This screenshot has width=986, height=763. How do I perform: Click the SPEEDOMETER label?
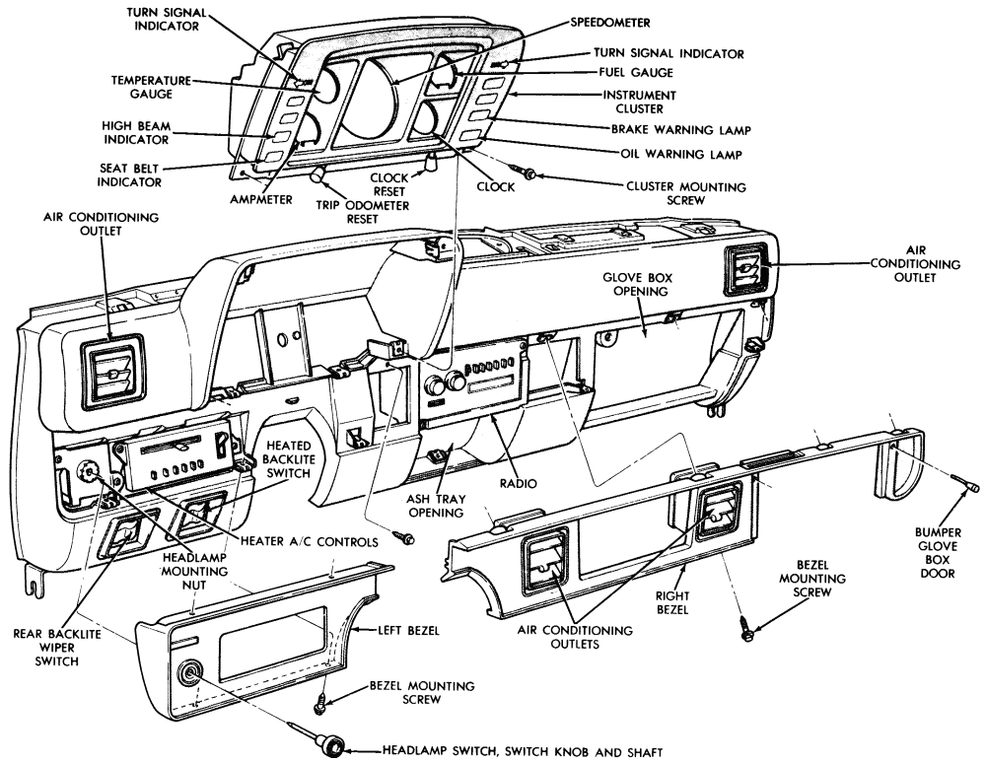610,23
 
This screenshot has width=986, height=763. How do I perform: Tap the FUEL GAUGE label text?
636,73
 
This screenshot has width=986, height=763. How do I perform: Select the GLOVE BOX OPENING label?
637,284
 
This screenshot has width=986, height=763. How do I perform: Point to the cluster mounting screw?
524,171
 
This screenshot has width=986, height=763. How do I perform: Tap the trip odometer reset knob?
318,174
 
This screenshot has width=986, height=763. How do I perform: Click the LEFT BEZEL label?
408,630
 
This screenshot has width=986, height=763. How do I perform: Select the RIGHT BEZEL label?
672,602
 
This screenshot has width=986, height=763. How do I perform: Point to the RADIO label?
519,483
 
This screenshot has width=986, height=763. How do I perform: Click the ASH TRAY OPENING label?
436,506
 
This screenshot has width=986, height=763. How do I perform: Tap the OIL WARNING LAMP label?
681,154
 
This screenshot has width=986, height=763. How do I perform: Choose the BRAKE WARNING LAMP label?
681,130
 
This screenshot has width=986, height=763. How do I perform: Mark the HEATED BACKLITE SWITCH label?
289,459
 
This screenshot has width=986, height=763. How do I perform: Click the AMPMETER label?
261,200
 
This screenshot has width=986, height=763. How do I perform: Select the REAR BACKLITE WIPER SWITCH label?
56,648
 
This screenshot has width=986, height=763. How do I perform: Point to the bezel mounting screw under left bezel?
320,703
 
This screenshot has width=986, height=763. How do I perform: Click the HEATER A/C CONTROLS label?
310,542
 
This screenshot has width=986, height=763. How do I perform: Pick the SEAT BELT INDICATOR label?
129,175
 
